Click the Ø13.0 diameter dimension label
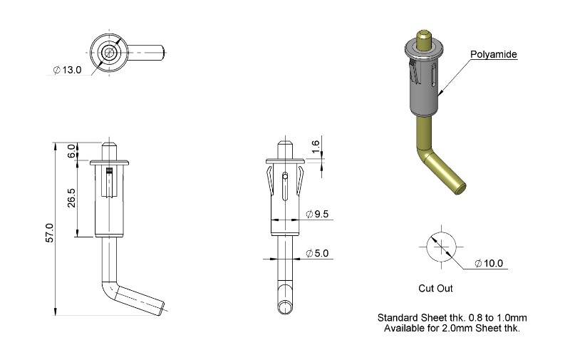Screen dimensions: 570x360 point(67,70)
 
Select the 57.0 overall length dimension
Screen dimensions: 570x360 point(49,233)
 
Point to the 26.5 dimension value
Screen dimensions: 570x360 point(71,197)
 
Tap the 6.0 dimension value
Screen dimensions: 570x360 point(72,151)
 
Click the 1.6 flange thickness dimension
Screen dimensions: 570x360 point(316,146)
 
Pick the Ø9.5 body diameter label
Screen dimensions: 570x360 point(317,214)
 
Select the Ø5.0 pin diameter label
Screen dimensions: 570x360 point(317,253)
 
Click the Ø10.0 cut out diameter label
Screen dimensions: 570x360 point(489,263)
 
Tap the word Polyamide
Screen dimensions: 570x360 point(494,55)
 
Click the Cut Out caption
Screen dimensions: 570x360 point(435,289)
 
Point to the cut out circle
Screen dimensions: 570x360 point(441,233)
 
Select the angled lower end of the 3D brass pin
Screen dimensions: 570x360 point(445,173)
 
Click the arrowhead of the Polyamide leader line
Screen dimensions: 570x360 point(439,94)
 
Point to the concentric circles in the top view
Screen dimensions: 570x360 point(109,52)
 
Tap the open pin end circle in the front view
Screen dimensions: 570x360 point(285,308)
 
